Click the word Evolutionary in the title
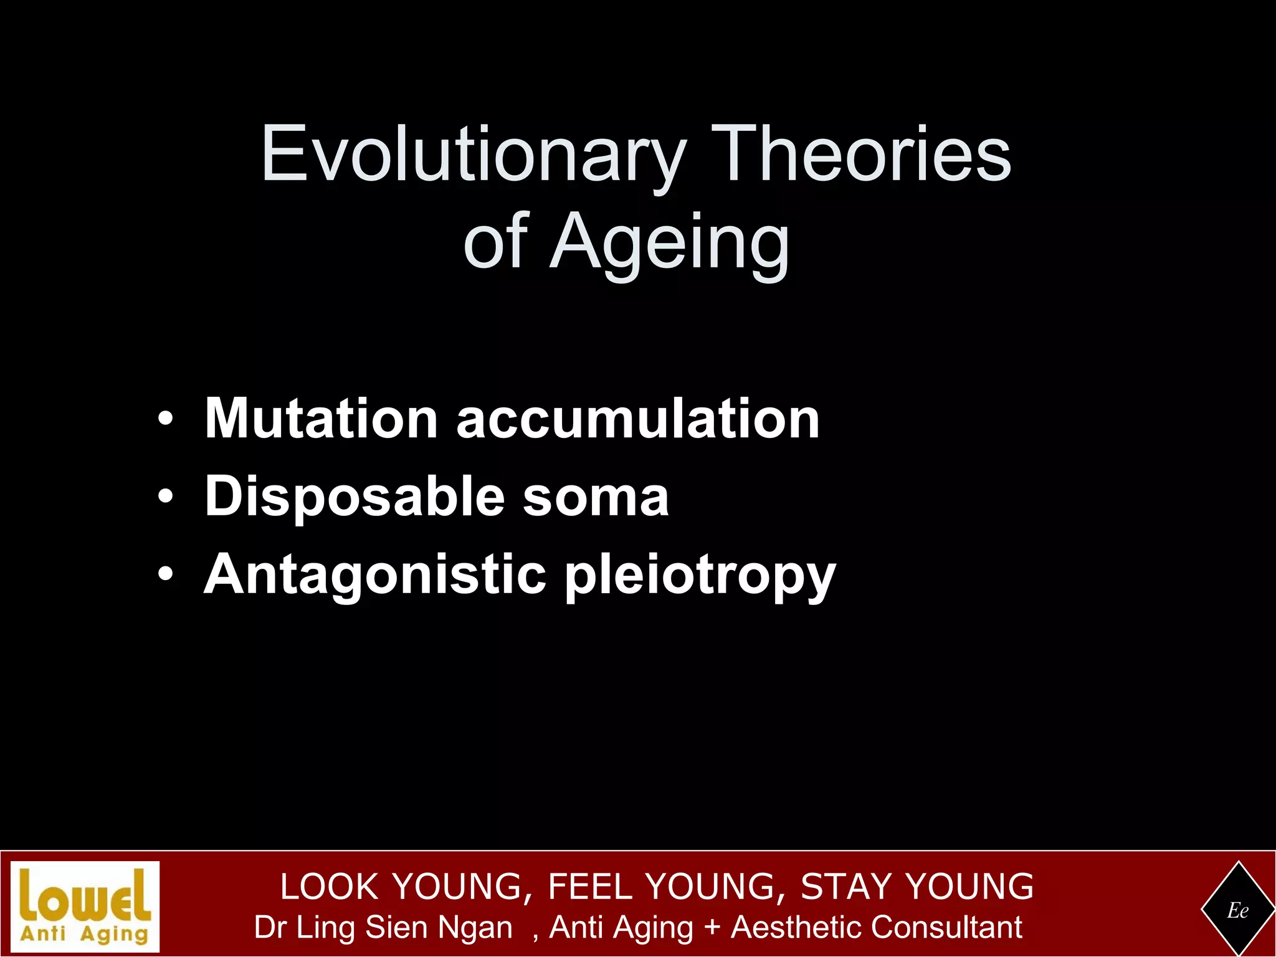474,155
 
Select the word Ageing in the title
669,243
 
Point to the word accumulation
638,419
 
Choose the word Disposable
355,497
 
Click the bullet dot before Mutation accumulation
165,419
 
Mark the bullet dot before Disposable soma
165,497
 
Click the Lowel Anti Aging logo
85,906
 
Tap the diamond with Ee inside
1237,910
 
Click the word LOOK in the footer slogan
330,887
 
